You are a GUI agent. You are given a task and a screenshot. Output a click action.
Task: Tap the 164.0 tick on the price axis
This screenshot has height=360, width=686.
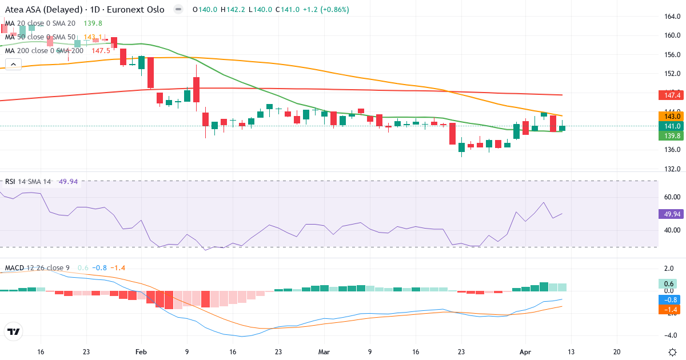[x=668, y=17]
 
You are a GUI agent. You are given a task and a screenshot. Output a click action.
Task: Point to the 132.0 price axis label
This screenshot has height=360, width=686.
[x=668, y=169]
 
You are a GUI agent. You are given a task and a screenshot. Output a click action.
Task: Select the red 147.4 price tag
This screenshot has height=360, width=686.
[x=669, y=95]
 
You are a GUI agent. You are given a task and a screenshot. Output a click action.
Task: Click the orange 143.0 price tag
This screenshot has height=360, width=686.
[x=669, y=116]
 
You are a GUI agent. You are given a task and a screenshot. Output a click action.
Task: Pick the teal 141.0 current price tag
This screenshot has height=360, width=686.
[x=669, y=126]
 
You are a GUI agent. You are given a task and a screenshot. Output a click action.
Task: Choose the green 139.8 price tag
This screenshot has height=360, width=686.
[x=669, y=136]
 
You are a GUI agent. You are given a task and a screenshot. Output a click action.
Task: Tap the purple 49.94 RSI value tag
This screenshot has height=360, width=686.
[x=669, y=214]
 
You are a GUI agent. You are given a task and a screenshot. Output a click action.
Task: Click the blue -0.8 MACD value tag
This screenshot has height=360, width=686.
[x=669, y=299]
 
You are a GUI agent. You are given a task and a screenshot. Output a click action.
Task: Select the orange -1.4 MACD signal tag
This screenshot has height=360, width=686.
[x=669, y=309]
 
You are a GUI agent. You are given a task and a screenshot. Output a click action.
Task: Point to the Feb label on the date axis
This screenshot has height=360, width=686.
[x=141, y=352]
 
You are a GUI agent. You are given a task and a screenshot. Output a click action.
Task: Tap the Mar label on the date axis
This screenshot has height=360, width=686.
[x=324, y=352]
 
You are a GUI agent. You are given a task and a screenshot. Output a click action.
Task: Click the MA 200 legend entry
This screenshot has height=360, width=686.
[x=45, y=50]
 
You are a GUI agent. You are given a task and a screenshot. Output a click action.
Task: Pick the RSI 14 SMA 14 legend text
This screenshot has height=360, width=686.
[x=28, y=182]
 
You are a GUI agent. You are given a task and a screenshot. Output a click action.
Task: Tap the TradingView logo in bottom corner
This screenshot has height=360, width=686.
[x=13, y=331]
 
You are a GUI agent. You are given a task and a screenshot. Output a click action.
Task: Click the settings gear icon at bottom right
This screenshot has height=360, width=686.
[x=673, y=352]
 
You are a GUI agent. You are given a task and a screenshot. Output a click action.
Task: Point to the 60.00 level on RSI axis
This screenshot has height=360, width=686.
[x=668, y=197]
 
